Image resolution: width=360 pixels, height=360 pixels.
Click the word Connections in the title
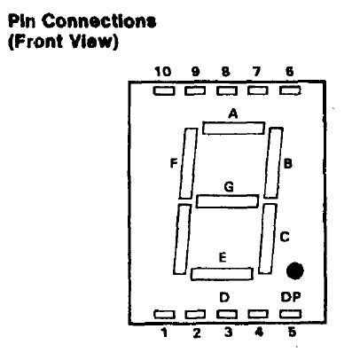coord(99,21)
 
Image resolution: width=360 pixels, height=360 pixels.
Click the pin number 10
coord(163,72)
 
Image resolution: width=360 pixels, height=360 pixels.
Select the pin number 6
coord(290,72)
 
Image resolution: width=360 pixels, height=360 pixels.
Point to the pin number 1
coord(164,333)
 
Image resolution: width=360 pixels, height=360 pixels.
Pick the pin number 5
coord(292,333)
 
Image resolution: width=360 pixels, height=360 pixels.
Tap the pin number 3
coord(228,333)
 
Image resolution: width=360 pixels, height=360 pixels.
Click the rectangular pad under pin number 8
coord(227,90)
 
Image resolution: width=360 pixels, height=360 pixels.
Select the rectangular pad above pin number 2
coord(195,315)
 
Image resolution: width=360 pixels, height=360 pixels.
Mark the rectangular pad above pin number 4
coord(258,314)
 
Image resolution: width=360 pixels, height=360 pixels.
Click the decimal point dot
coord(295,270)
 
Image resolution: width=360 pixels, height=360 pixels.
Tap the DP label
coord(291,297)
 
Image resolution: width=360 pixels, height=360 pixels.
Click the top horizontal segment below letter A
coord(233,128)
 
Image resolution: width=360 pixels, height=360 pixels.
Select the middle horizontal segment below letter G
coord(227,201)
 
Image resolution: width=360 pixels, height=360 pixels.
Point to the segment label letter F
coord(174,163)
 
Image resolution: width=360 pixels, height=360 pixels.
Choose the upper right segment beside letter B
coord(273,163)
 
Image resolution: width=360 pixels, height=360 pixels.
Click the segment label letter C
coord(285,237)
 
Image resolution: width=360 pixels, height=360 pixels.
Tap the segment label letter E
coord(223,257)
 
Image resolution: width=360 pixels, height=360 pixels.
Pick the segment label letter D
coord(224,297)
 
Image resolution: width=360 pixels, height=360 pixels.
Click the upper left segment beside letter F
coord(188,163)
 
